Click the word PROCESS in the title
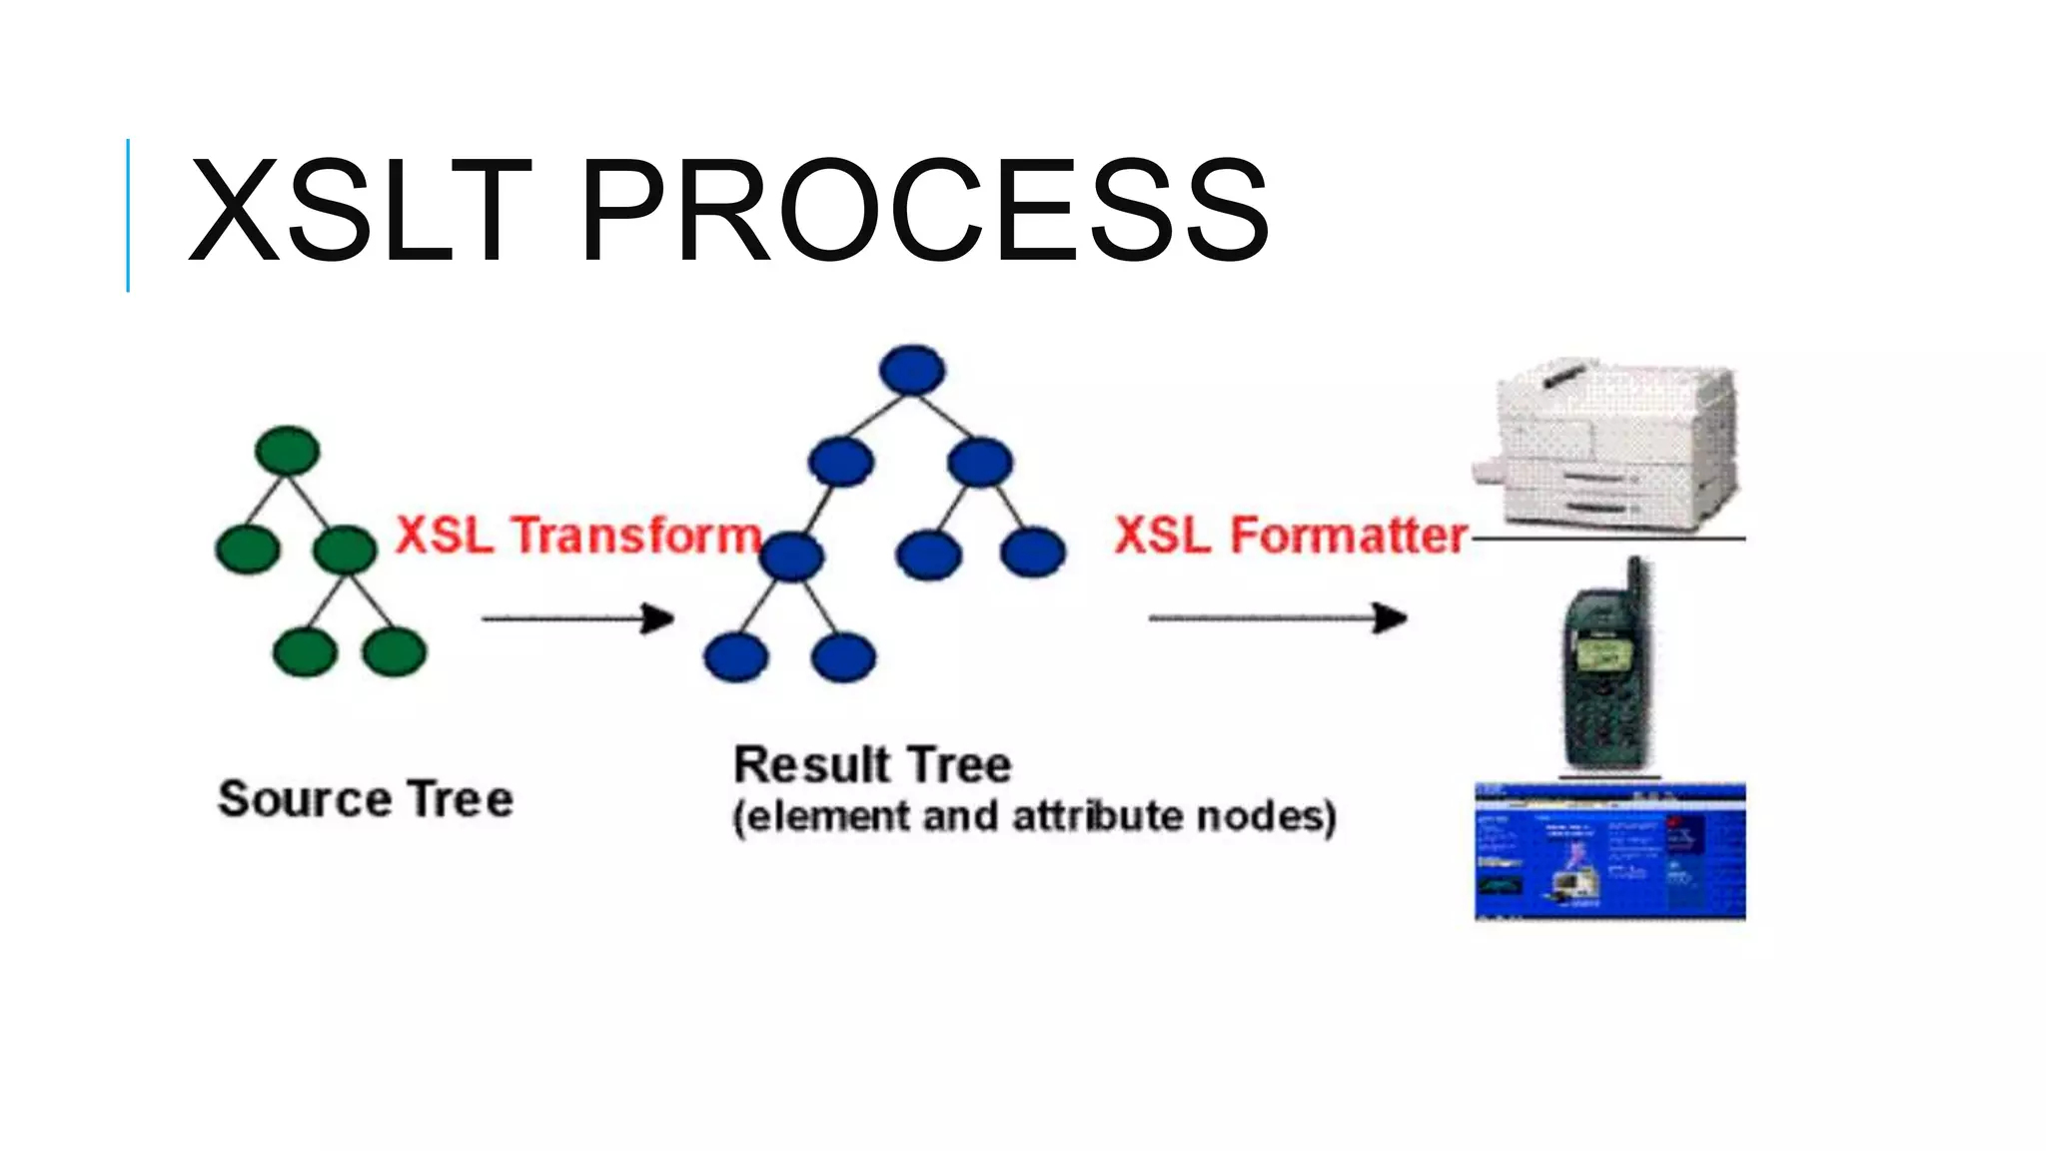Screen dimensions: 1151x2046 click(x=923, y=212)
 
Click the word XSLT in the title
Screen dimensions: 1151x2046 click(x=360, y=212)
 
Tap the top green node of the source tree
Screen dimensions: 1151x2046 click(x=288, y=451)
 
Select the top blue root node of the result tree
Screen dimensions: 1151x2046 click(x=912, y=370)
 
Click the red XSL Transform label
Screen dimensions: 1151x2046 click(x=578, y=536)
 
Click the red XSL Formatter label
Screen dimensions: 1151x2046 click(x=1291, y=536)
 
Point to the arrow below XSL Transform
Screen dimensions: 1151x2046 click(x=577, y=618)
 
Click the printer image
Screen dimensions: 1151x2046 click(x=1608, y=445)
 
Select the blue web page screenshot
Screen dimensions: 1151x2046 click(x=1609, y=851)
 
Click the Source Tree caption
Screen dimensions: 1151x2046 click(x=366, y=799)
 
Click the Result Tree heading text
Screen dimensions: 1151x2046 click(x=872, y=765)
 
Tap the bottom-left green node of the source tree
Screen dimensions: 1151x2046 click(x=305, y=651)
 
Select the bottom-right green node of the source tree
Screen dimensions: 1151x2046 click(x=395, y=651)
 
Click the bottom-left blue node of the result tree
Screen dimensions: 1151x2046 click(x=736, y=657)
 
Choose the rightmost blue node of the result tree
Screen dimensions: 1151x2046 click(x=1033, y=553)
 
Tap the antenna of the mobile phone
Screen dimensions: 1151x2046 click(x=1634, y=584)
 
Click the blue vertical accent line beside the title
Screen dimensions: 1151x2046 click(x=128, y=215)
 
